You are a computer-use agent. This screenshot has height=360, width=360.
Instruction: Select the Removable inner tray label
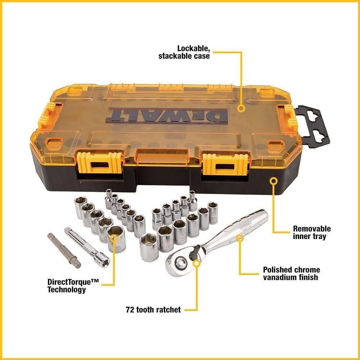[x=311, y=232]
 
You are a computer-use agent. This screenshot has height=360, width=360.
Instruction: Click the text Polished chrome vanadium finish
[x=291, y=273]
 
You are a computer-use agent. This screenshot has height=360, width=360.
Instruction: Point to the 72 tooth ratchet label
[x=153, y=309]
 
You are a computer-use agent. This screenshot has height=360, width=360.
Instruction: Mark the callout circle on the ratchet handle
[x=239, y=237]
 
